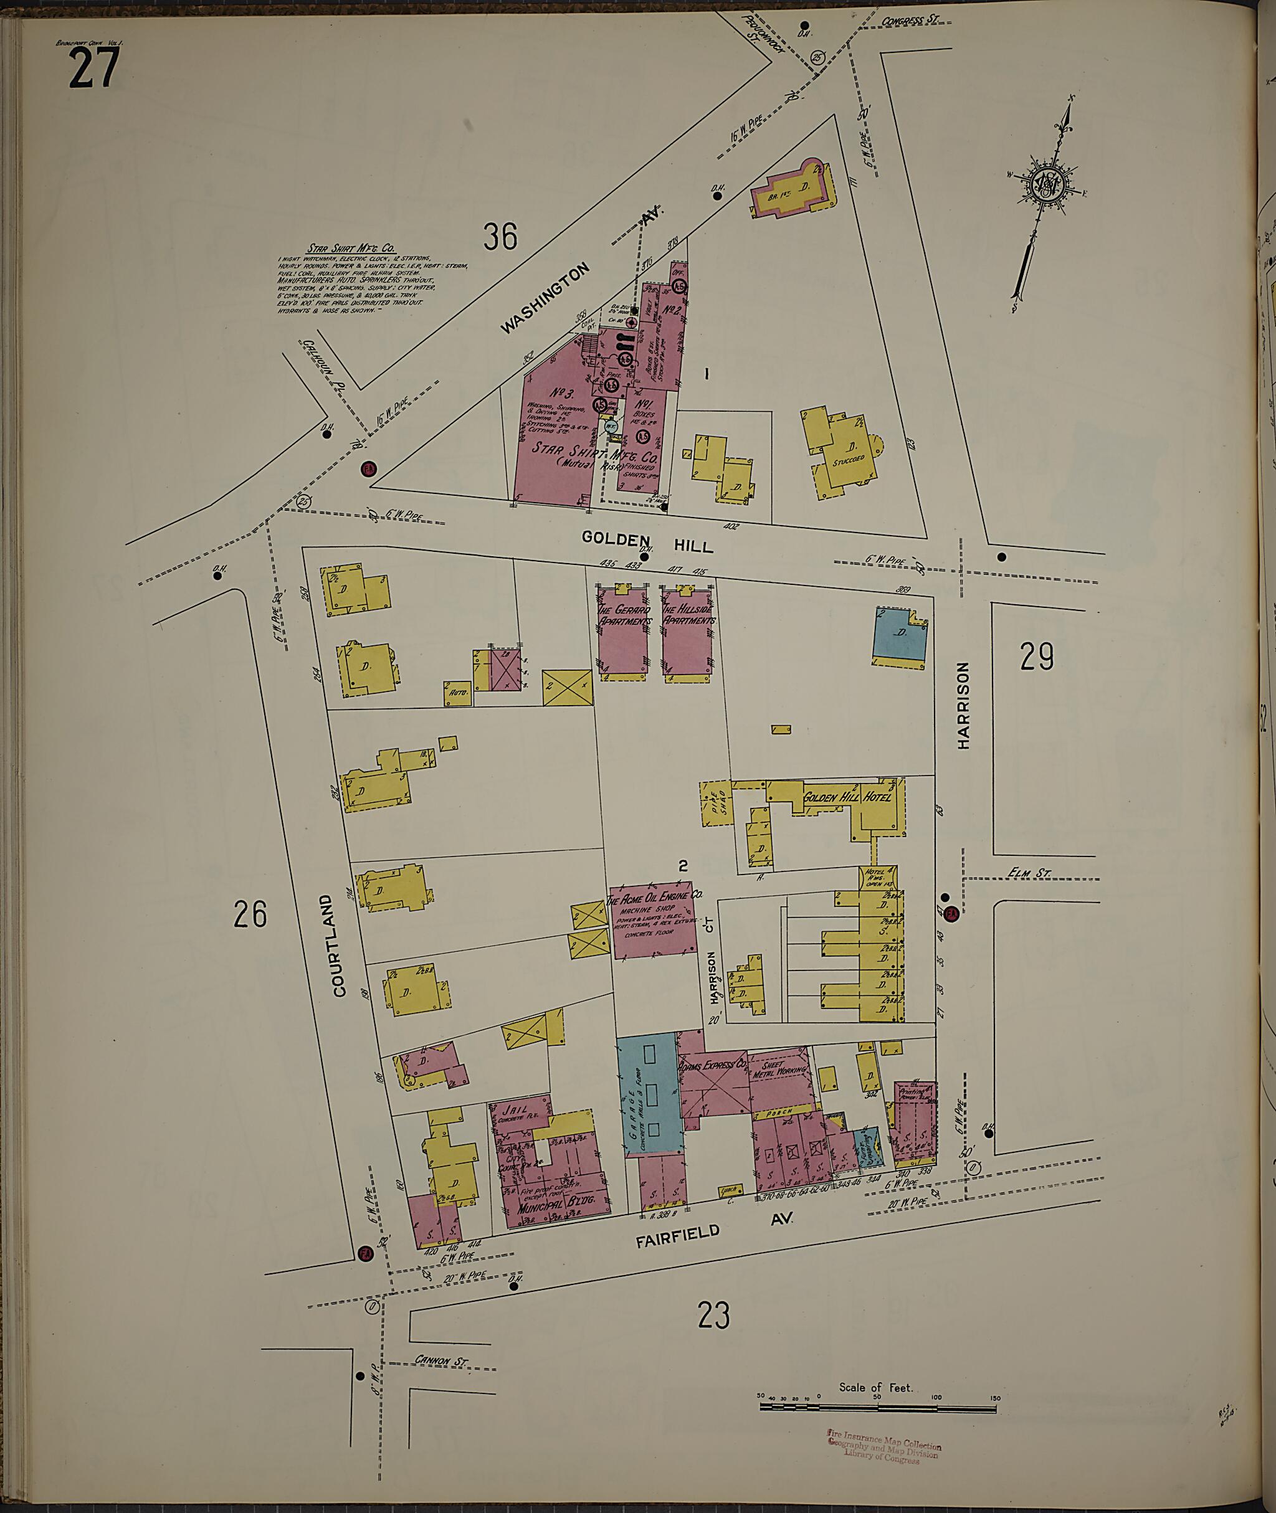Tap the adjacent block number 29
(x=1037, y=657)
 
